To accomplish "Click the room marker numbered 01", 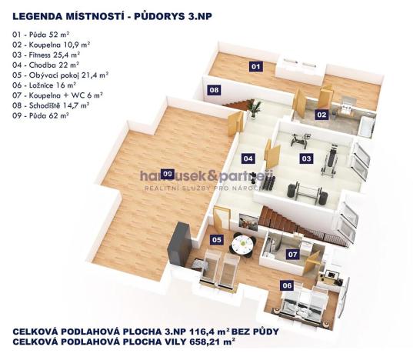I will [x=256, y=67].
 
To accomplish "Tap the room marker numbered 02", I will [x=321, y=115].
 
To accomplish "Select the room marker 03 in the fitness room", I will [x=306, y=158].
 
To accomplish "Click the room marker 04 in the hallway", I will [x=248, y=158].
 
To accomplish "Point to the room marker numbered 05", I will [x=217, y=240].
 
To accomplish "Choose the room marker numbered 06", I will [x=287, y=285].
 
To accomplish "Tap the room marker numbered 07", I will [x=292, y=253].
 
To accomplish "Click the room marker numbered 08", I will [x=215, y=90].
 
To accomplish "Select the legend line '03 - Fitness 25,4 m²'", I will [x=45, y=55].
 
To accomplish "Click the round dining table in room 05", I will [x=241, y=246].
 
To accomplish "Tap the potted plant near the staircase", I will [x=255, y=108].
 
